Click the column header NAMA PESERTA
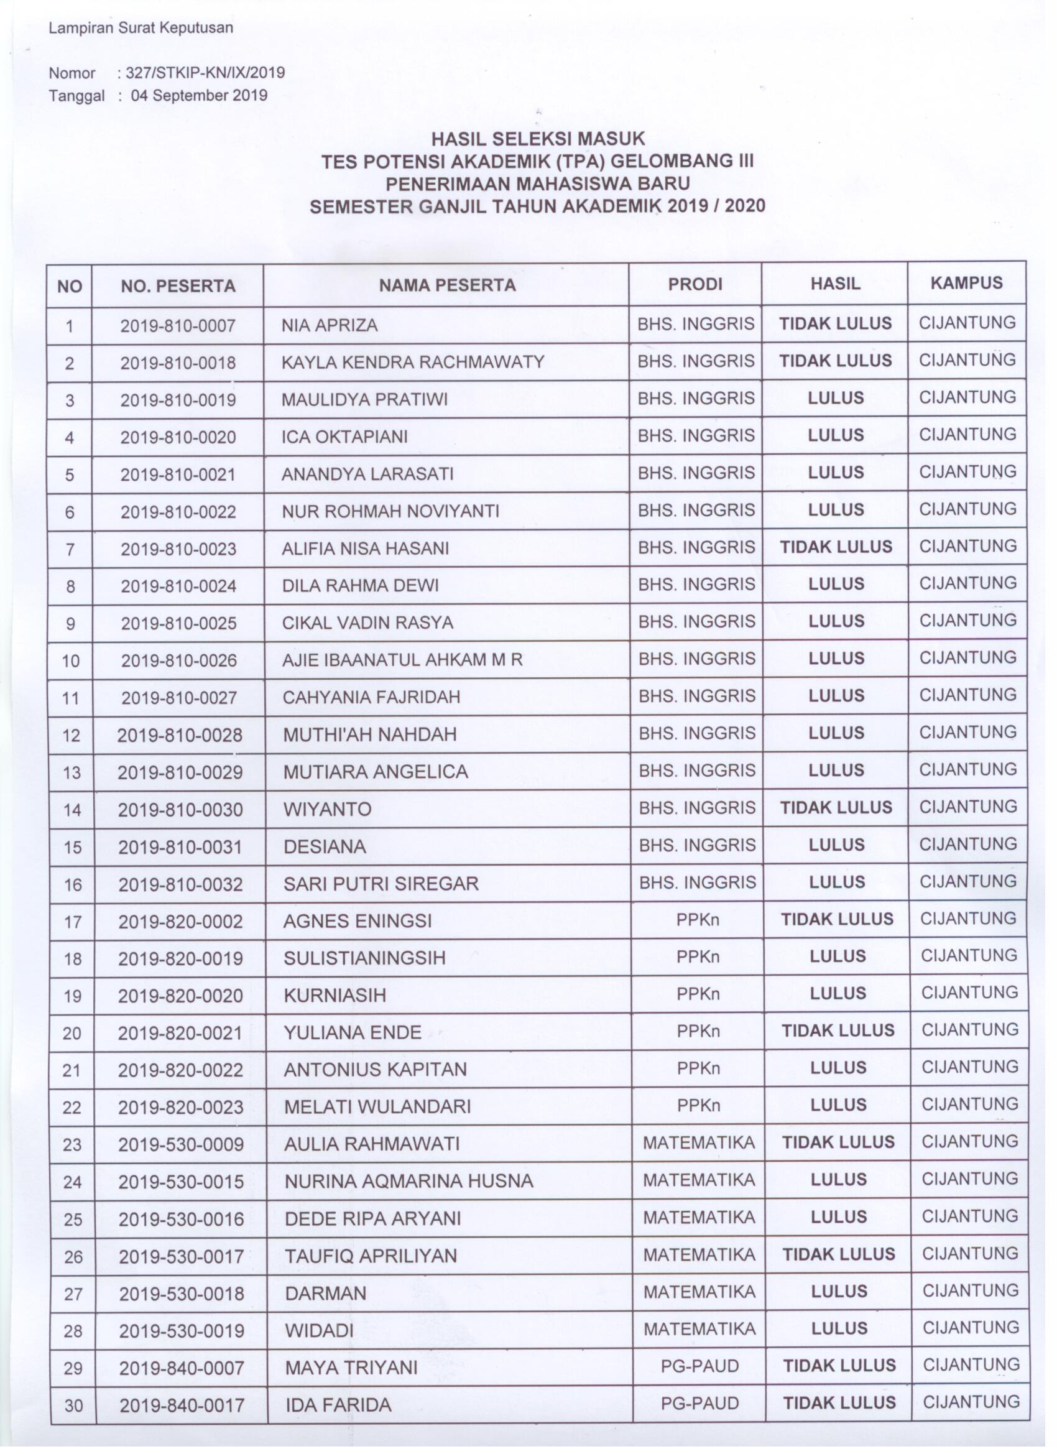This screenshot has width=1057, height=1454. [x=447, y=285]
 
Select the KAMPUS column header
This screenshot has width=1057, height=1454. [x=966, y=283]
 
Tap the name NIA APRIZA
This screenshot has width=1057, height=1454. [x=330, y=325]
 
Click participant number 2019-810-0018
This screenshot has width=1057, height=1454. [x=178, y=363]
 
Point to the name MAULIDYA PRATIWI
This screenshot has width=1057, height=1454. [x=365, y=399]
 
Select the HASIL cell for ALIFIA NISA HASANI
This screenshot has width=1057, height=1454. [x=835, y=547]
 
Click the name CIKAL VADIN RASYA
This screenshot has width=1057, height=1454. [x=367, y=623]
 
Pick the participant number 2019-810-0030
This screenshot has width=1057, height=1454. [x=180, y=810]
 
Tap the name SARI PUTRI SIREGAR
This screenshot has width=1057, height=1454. [x=381, y=884]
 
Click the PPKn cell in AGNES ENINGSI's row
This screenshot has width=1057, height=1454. [x=698, y=920]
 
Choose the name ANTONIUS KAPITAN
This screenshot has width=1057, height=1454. [x=375, y=1069]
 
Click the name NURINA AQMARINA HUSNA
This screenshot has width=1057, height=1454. [x=408, y=1181]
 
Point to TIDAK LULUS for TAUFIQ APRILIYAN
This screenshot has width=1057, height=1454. [x=838, y=1254]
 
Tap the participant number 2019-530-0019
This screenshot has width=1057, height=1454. [x=182, y=1330]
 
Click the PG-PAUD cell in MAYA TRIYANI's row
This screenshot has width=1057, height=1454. [x=699, y=1366]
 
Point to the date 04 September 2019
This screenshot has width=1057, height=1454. [x=199, y=96]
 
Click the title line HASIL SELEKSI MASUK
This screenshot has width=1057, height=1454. [x=537, y=138]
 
